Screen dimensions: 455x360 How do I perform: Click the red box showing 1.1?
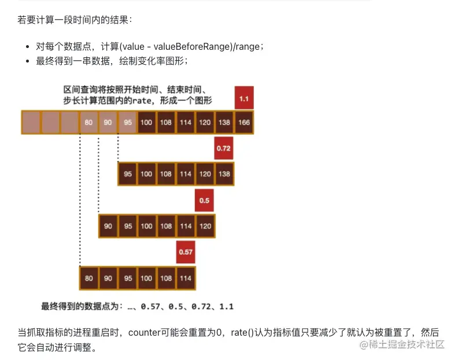tap(243, 98)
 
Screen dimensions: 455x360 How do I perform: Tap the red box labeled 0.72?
tap(224, 148)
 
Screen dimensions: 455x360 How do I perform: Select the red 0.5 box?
tap(204, 200)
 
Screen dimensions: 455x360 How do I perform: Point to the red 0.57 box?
tap(185, 252)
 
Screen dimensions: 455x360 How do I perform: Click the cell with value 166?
tap(243, 122)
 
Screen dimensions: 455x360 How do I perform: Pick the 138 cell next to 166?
tap(224, 122)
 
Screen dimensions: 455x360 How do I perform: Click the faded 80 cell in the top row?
tap(88, 122)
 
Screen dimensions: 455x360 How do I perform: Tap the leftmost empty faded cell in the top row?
tap(31, 122)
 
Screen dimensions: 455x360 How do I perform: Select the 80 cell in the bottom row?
tap(88, 278)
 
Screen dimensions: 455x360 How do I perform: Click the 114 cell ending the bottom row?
tap(185, 278)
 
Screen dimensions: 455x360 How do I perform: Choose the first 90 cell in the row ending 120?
tap(108, 226)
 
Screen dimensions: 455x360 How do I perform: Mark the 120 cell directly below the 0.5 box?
tap(205, 226)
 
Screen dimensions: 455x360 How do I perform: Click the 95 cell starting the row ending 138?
tap(127, 174)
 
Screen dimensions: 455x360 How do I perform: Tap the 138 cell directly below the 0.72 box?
tap(224, 174)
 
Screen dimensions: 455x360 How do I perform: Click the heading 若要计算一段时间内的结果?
tap(75, 20)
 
